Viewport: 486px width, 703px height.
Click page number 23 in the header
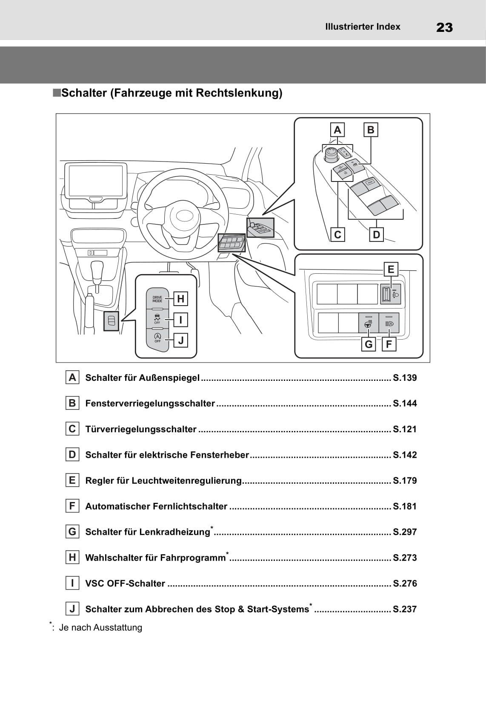[444, 28]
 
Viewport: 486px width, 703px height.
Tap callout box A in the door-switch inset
[337, 130]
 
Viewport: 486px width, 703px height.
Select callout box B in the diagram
[370, 130]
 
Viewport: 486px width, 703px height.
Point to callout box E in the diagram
[390, 269]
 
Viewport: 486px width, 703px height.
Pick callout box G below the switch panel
[369, 344]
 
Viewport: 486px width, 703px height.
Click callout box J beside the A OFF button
[181, 340]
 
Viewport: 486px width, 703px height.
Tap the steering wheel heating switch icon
[369, 324]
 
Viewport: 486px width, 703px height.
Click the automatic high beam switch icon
[389, 323]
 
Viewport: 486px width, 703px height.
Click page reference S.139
[405, 378]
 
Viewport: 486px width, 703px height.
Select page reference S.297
[405, 532]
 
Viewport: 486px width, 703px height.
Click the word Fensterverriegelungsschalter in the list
[150, 403]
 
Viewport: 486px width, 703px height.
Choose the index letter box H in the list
[72, 557]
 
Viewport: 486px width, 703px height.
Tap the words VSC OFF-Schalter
[125, 584]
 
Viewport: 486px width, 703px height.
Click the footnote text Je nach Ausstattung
[100, 627]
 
